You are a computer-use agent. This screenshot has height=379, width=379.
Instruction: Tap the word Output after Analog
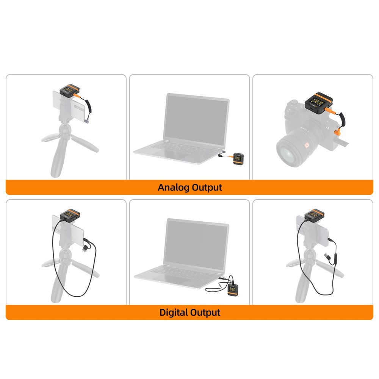point(207,187)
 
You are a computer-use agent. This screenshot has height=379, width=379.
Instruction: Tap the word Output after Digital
point(205,313)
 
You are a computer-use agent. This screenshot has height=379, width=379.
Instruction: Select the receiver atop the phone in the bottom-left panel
point(70,215)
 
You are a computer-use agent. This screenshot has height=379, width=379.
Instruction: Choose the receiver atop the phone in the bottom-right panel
point(315,215)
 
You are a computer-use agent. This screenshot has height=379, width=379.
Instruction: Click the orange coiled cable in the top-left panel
point(89,105)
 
